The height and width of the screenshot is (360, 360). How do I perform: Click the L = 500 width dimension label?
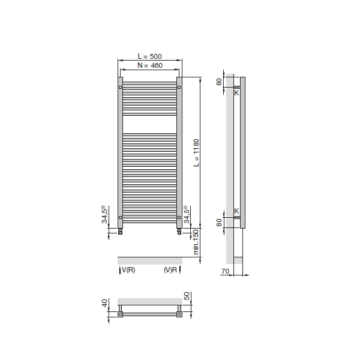149,56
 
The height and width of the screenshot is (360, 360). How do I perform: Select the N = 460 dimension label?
150,65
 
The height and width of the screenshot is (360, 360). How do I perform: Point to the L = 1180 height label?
196,152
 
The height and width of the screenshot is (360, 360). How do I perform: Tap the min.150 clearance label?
196,242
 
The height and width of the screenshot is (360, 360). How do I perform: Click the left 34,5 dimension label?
104,214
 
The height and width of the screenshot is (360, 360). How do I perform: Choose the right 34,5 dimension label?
187,214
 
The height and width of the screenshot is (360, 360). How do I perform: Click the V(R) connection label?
128,270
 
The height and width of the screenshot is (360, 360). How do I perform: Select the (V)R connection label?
170,270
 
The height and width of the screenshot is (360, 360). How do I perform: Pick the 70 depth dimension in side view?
225,271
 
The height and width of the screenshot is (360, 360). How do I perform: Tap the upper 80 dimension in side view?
219,82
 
